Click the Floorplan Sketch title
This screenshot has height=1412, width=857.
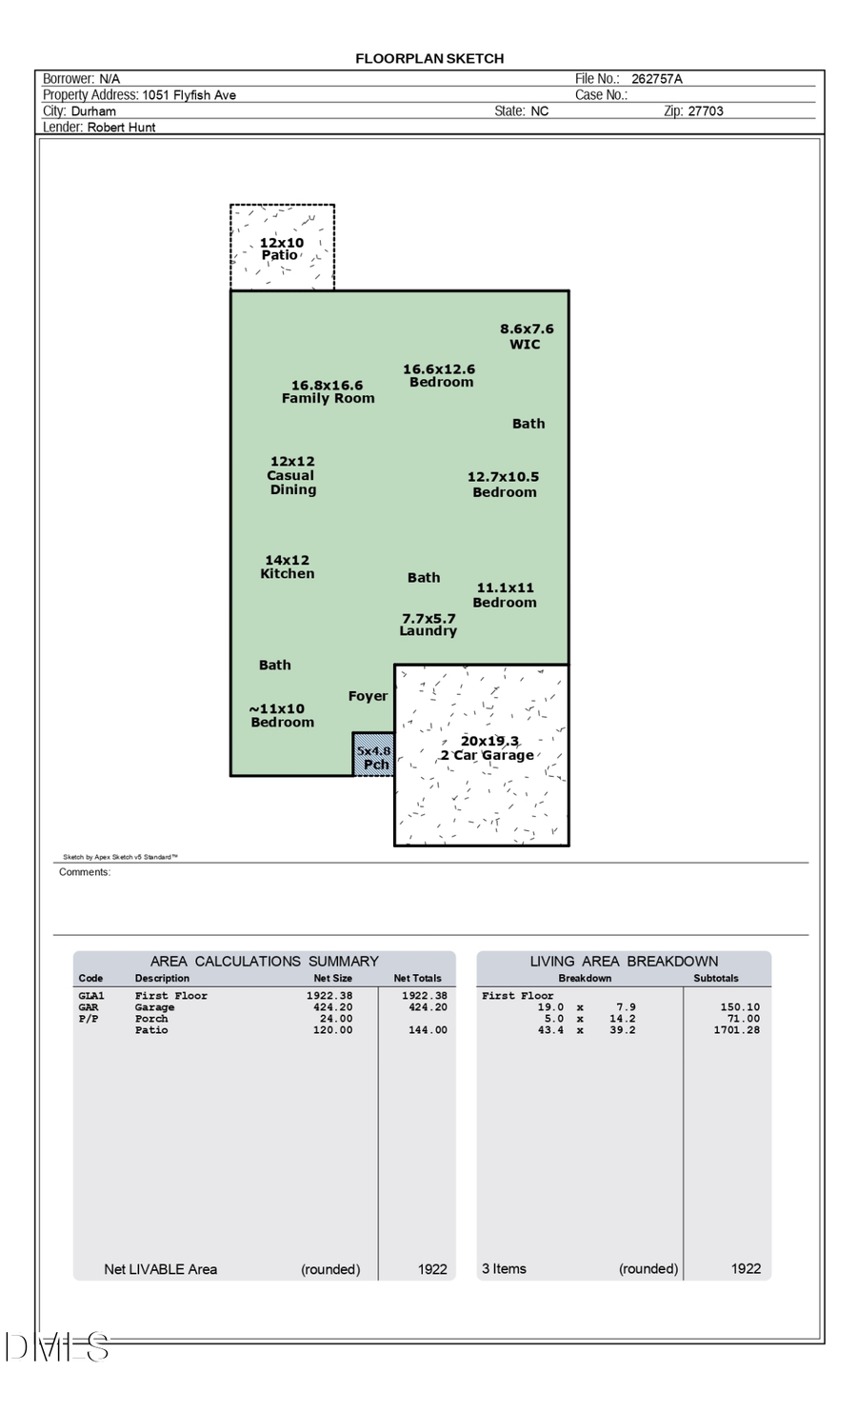pos(429,58)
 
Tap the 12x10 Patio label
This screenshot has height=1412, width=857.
pos(281,249)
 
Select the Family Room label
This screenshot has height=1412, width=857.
pos(328,392)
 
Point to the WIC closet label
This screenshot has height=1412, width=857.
pos(526,336)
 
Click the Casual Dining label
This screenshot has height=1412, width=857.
pos(291,475)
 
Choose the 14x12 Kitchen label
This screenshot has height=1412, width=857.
pos(287,567)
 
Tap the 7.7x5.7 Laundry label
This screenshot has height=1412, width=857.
pos(428,625)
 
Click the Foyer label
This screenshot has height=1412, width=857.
pos(368,696)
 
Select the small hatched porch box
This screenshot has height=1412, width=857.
pos(373,755)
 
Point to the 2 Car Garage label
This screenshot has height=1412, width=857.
pos(487,748)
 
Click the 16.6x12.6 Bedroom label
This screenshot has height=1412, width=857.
pos(440,375)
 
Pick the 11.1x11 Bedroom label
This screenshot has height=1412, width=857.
pos(505,595)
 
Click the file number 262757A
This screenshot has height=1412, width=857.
pos(657,79)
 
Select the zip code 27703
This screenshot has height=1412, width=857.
pos(706,111)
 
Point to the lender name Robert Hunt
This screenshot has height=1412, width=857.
pos(122,128)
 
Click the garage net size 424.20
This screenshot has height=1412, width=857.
pos(332,1007)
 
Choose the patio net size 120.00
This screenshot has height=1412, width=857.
pos(332,1030)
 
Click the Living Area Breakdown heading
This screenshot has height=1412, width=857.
pos(624,962)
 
